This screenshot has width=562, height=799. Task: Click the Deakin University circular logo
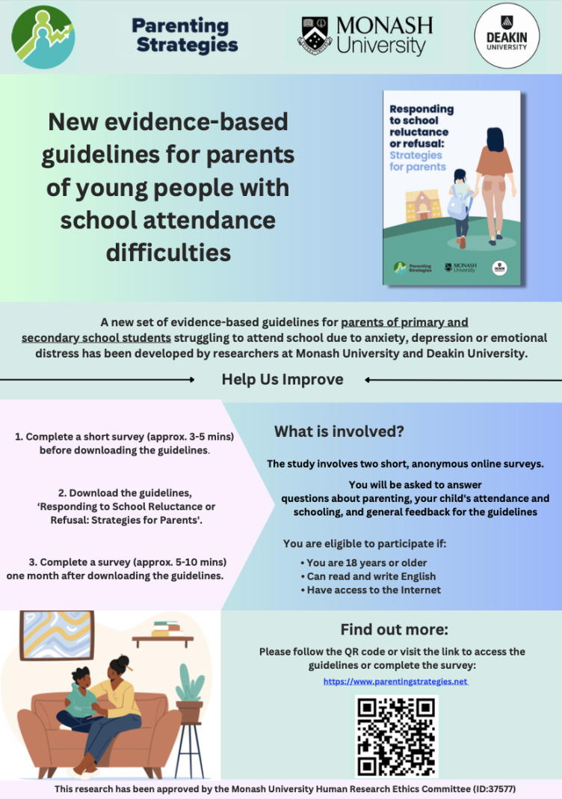click(507, 36)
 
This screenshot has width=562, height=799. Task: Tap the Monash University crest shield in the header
click(316, 35)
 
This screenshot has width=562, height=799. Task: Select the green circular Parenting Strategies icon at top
click(43, 37)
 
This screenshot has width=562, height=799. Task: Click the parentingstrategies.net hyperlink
click(395, 682)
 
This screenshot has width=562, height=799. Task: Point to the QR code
click(396, 737)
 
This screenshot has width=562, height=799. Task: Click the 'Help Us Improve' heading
click(282, 379)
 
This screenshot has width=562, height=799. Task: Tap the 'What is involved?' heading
click(339, 431)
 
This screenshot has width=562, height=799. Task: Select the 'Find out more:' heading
click(394, 629)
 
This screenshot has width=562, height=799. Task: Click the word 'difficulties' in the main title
click(168, 252)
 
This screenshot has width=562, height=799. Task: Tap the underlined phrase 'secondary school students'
click(96, 337)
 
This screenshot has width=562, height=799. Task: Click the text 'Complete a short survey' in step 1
click(86, 436)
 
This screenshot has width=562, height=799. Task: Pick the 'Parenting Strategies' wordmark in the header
click(185, 35)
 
